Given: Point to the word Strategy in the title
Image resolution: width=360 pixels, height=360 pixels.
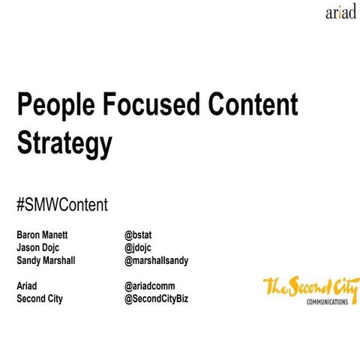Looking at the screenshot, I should [64, 142].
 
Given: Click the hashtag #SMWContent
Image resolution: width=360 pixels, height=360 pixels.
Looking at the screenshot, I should [62, 203].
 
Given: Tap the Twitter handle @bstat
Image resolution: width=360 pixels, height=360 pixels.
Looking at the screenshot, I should [141, 233].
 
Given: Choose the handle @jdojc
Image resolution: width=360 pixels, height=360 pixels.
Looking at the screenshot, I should [140, 247].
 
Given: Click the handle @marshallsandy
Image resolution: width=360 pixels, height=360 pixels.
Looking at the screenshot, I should [156, 260].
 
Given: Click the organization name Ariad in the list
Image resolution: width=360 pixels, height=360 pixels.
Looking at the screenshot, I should [28, 286].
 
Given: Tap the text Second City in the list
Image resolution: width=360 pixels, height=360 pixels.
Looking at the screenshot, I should [40, 299].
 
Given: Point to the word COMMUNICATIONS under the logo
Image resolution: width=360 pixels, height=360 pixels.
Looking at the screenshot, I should [326, 301].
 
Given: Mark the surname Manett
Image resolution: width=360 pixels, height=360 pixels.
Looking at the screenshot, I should [60, 233].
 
